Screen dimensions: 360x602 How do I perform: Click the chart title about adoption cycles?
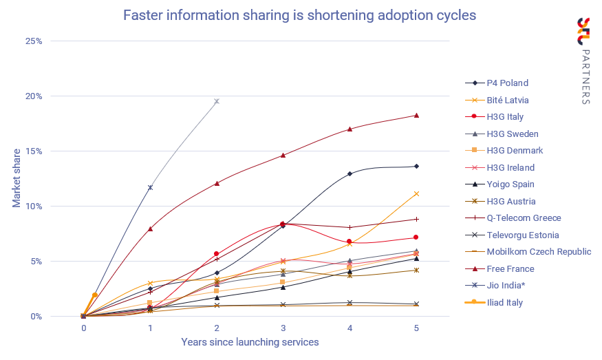coord(299,15)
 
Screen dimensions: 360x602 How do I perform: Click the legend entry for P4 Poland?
coord(507,83)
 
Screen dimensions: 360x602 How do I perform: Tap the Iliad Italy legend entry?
coord(505,302)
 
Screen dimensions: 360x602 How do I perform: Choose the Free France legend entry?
coord(510,268)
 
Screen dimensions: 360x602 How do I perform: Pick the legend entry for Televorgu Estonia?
coord(522,235)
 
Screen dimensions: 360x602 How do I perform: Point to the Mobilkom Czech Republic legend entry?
coord(538,252)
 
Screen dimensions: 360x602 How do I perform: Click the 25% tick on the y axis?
coord(34,41)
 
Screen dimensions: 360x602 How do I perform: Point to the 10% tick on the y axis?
coord(34,207)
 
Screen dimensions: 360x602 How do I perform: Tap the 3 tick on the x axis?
coord(283,328)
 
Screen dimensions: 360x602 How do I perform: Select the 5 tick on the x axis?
coord(416,328)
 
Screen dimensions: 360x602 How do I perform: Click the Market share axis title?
coord(17,178)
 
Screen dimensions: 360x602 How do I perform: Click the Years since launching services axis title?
coord(250,342)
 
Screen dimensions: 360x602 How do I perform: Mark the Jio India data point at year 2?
coord(217,101)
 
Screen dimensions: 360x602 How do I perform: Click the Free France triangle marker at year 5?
coord(416,115)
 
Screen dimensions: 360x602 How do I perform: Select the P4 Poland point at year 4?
coord(350,173)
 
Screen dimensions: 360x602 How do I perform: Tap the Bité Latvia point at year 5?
coord(416,193)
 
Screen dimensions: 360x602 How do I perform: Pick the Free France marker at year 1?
coord(150,229)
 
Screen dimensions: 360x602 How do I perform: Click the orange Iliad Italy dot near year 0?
coord(95,295)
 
